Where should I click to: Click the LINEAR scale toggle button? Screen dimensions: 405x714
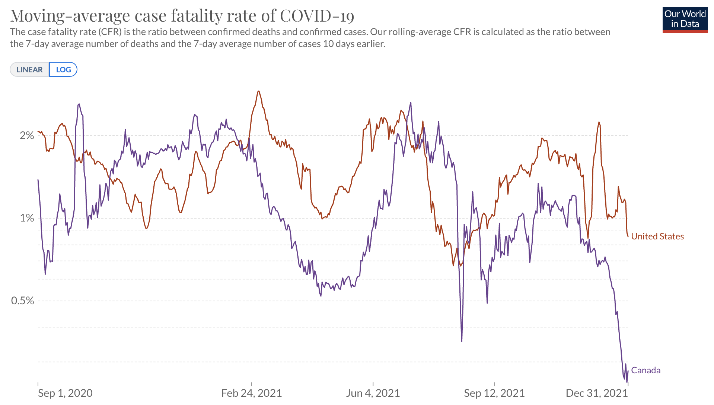(x=29, y=70)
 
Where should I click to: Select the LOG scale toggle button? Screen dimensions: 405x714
(x=63, y=70)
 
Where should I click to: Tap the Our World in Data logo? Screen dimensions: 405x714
(x=685, y=19)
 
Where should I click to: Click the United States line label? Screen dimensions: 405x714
(x=657, y=236)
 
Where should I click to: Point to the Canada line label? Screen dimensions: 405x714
(x=646, y=370)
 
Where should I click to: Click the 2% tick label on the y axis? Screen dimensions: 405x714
(x=27, y=135)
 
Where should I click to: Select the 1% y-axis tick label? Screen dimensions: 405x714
(x=27, y=218)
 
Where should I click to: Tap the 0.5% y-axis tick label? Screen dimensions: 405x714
(x=23, y=301)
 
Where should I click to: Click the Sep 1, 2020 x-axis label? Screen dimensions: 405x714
(x=65, y=393)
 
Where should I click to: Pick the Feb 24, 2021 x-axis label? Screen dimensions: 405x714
(x=251, y=393)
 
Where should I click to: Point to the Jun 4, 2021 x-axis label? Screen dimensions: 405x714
(x=373, y=393)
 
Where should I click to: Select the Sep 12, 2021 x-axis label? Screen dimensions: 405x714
(x=494, y=393)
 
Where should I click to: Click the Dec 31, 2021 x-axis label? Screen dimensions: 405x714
(x=596, y=393)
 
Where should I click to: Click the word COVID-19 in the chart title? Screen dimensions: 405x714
(x=317, y=16)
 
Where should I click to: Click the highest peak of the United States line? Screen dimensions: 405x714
(x=259, y=91)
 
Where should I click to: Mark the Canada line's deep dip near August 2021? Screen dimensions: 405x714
(x=462, y=340)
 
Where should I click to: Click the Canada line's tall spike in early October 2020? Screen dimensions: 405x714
(x=79, y=104)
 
